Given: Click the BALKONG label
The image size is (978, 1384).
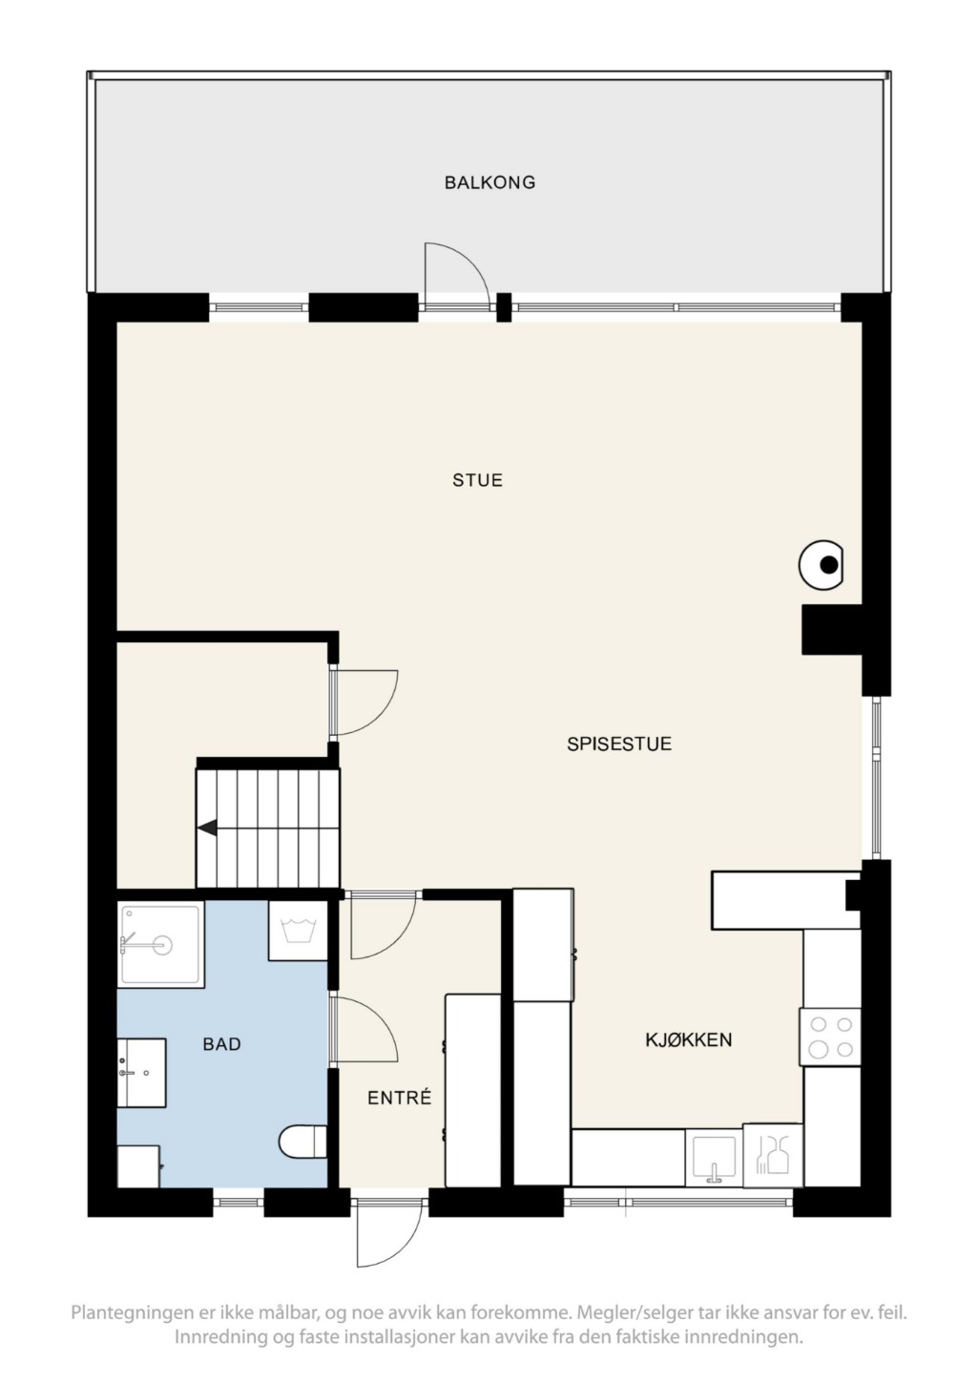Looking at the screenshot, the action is (489, 182).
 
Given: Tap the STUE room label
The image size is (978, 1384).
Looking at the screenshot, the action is (478, 480).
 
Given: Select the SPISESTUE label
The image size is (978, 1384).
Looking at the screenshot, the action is (619, 744).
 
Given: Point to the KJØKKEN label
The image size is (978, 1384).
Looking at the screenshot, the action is (689, 1039).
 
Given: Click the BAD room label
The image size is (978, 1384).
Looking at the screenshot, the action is (221, 1044).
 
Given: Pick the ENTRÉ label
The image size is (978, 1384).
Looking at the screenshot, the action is (399, 1098).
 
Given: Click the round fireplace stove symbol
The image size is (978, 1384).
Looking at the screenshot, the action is (822, 565).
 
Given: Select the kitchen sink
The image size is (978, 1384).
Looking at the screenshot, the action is (714, 1156).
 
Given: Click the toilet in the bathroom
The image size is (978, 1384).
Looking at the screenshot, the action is (302, 1141).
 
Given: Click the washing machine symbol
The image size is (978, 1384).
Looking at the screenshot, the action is (298, 930).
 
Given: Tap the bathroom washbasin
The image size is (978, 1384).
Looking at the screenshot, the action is (141, 1072).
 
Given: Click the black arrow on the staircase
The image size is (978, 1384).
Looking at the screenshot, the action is (207, 828).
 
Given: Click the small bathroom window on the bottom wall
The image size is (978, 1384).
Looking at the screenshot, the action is (239, 1202).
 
